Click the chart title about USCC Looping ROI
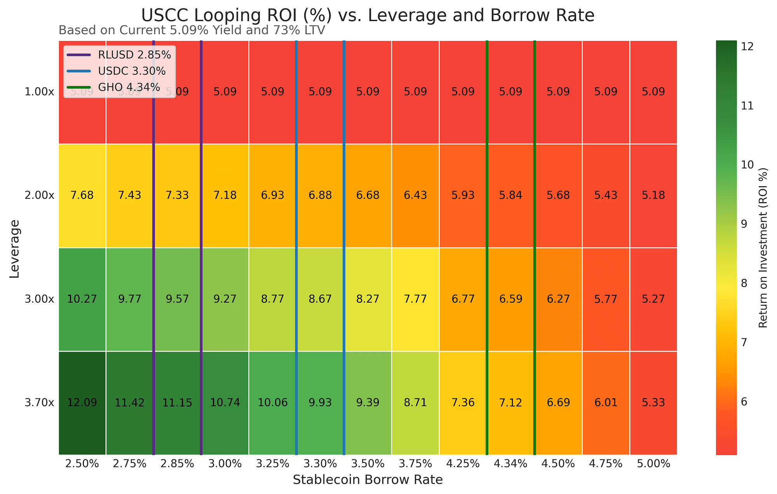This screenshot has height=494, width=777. [368, 16]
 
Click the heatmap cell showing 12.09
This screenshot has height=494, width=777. [82, 403]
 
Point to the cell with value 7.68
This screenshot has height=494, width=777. [82, 195]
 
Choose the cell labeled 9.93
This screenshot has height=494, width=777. [320, 403]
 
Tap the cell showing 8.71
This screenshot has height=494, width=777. [415, 403]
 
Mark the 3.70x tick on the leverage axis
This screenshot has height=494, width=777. [39, 403]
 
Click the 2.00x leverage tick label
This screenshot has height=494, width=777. [39, 195]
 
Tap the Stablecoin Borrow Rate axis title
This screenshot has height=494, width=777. [368, 480]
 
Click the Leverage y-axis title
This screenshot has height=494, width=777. [14, 248]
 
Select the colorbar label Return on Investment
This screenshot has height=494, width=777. [763, 248]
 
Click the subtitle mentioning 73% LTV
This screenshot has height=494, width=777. [192, 30]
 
